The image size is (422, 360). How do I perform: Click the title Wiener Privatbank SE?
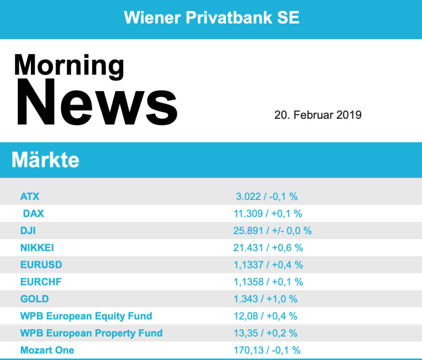click(x=211, y=18)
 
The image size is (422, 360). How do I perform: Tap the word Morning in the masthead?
click(x=69, y=66)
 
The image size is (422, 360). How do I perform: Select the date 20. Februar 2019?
click(x=318, y=115)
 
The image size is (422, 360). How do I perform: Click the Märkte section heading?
click(x=45, y=160)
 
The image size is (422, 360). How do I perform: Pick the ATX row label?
click(x=30, y=196)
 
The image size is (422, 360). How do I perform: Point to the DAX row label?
click(x=33, y=214)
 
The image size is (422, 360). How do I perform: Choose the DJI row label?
click(x=28, y=231)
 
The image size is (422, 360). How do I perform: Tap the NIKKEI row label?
click(x=37, y=248)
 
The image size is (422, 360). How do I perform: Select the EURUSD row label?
click(x=41, y=265)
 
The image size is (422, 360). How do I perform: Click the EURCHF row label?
click(x=41, y=282)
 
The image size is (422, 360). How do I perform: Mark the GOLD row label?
click(x=35, y=299)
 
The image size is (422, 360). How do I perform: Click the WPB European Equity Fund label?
click(x=86, y=316)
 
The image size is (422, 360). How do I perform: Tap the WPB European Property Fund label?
click(x=91, y=333)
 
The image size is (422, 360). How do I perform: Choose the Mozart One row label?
click(x=47, y=351)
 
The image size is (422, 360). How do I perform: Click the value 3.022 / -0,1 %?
click(x=267, y=196)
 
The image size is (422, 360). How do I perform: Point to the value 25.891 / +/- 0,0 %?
click(x=272, y=231)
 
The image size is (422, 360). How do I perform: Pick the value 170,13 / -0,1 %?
click(x=267, y=351)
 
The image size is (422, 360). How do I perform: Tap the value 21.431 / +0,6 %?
click(x=268, y=248)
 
